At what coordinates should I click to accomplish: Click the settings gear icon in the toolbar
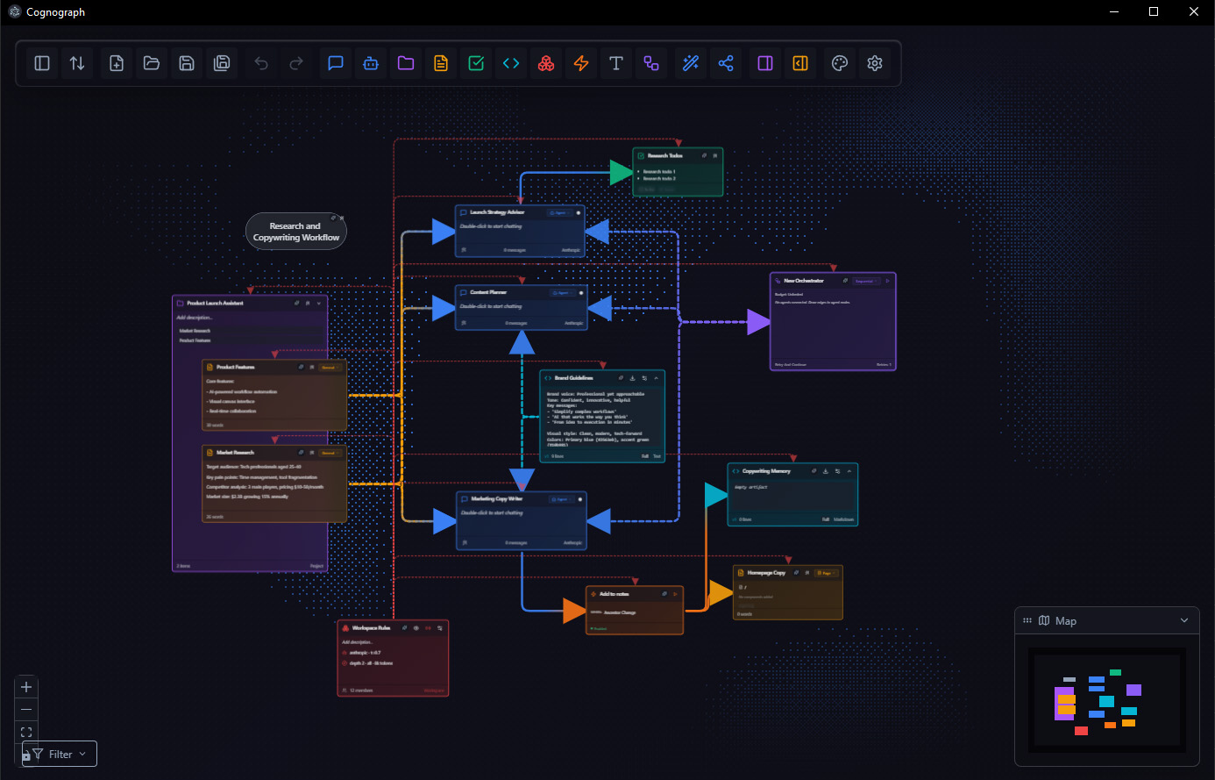pos(874,63)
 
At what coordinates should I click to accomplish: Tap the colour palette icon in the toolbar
pos(839,63)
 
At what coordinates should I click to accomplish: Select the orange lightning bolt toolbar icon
pos(581,63)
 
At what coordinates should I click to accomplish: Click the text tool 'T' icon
pos(616,63)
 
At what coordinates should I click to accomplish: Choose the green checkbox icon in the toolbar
pos(476,63)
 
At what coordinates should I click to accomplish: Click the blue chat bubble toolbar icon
pos(336,63)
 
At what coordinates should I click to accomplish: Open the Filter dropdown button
pos(60,754)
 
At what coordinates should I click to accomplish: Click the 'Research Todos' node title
pos(664,155)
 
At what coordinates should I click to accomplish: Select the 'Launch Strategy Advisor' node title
pos(497,212)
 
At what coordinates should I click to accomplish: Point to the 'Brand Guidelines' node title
pos(574,378)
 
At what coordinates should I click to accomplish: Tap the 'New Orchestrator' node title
pos(804,281)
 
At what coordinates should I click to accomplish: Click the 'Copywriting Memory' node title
pos(766,471)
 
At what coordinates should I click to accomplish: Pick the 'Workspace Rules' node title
pos(371,628)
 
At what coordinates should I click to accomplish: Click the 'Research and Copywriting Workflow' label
pos(296,232)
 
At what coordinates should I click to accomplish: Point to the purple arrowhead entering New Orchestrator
pos(757,322)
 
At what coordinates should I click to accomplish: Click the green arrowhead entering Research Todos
pos(621,173)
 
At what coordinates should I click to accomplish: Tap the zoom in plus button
pos(26,687)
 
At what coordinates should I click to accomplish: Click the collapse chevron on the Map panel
pos(1184,620)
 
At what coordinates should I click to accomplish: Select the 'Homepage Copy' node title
pos(766,573)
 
